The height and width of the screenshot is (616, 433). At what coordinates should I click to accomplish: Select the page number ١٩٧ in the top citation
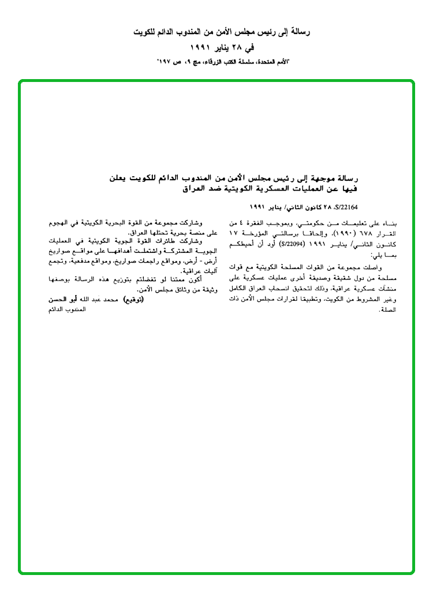coord(167,61)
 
